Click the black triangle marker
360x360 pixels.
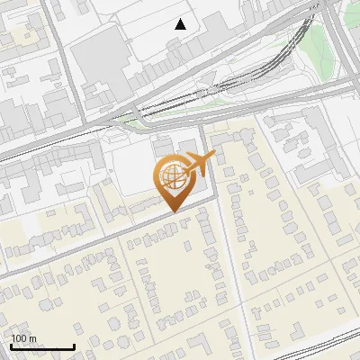(x=181, y=24)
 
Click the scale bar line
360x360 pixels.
(x=42, y=346)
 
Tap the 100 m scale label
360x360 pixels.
(x=23, y=338)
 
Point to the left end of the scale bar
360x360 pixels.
(x=11, y=346)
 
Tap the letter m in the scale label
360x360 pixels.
(x=31, y=338)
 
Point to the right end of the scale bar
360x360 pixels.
(x=74, y=346)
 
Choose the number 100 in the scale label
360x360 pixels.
(x=19, y=338)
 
